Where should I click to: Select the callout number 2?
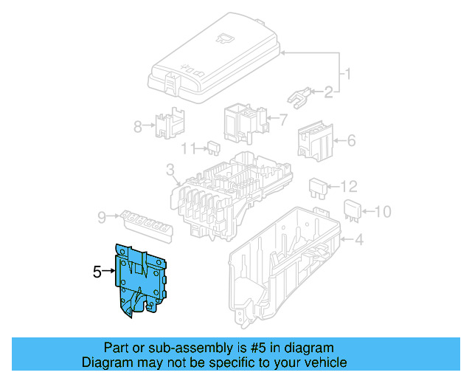[327, 92]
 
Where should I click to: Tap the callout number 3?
[170, 172]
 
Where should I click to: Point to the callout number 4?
[358, 239]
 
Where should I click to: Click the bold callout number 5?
[97, 272]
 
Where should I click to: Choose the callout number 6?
[351, 140]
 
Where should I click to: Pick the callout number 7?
[282, 119]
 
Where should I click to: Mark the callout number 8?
[138, 126]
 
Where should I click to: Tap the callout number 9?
[101, 216]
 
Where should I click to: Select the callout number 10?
[381, 213]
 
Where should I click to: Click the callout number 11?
[188, 148]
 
